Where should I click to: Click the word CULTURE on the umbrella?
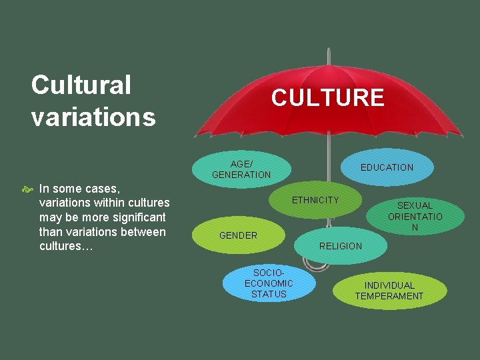click(x=327, y=98)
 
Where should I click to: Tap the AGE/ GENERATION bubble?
click(x=241, y=169)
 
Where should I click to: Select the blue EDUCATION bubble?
click(x=387, y=167)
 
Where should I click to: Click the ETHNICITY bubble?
click(x=315, y=200)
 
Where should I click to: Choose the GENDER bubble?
click(x=239, y=235)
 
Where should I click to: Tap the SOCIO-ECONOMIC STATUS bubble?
click(x=269, y=283)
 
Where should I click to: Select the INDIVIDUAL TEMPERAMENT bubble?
click(x=389, y=291)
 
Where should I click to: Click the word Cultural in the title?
click(x=81, y=85)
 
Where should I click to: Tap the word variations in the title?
click(x=93, y=117)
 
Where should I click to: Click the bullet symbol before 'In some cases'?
click(x=28, y=189)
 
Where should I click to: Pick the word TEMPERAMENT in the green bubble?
click(x=389, y=296)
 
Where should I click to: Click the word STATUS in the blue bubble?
click(x=269, y=294)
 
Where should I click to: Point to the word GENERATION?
click(x=241, y=175)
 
